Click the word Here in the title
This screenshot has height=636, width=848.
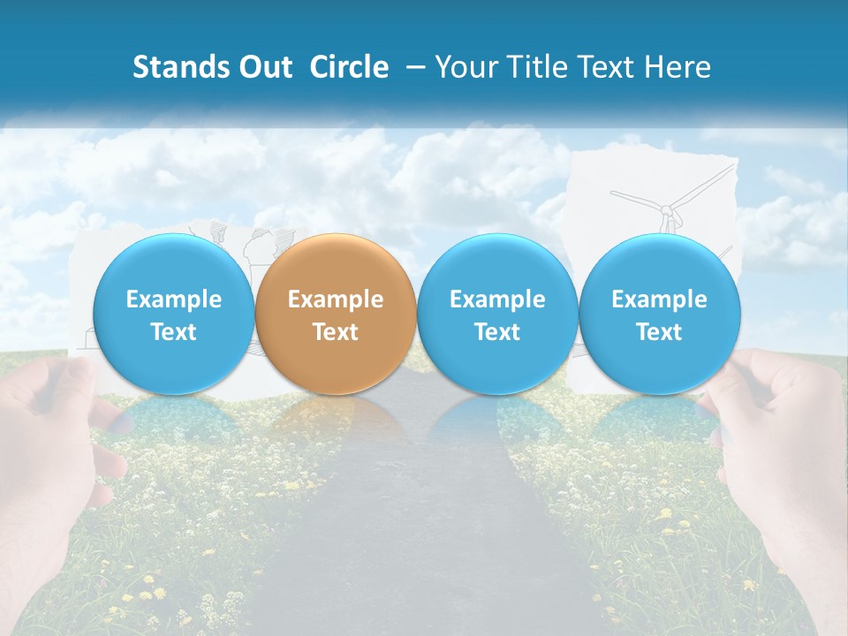[x=678, y=67]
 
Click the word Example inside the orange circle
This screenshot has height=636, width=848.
[x=336, y=299]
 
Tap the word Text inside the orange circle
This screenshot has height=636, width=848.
[x=336, y=332]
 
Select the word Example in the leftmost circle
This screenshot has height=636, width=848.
[x=173, y=299]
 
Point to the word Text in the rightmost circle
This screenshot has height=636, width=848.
[x=660, y=332]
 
